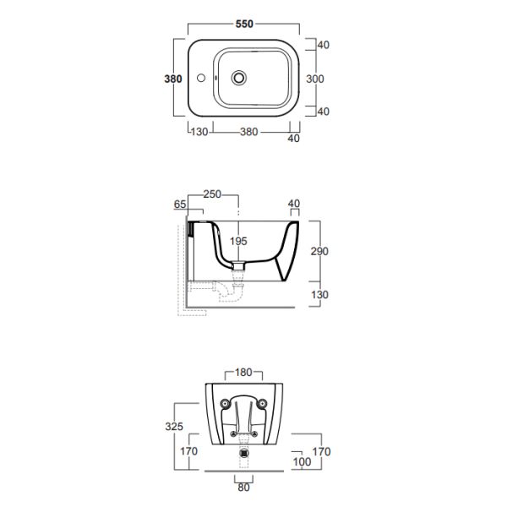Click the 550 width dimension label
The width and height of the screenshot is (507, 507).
(x=244, y=24)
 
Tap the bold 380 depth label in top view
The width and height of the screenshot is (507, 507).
(x=173, y=79)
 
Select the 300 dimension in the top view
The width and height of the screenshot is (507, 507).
(x=315, y=79)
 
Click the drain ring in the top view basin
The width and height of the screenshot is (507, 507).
(x=238, y=78)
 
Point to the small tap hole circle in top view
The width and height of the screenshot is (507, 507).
(x=201, y=78)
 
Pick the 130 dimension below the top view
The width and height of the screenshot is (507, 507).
(x=199, y=132)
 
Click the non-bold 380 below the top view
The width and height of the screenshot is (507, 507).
(x=248, y=132)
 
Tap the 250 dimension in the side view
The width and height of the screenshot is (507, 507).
(x=212, y=194)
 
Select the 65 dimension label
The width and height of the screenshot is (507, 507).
(x=180, y=204)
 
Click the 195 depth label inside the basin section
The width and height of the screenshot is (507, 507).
(x=238, y=241)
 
